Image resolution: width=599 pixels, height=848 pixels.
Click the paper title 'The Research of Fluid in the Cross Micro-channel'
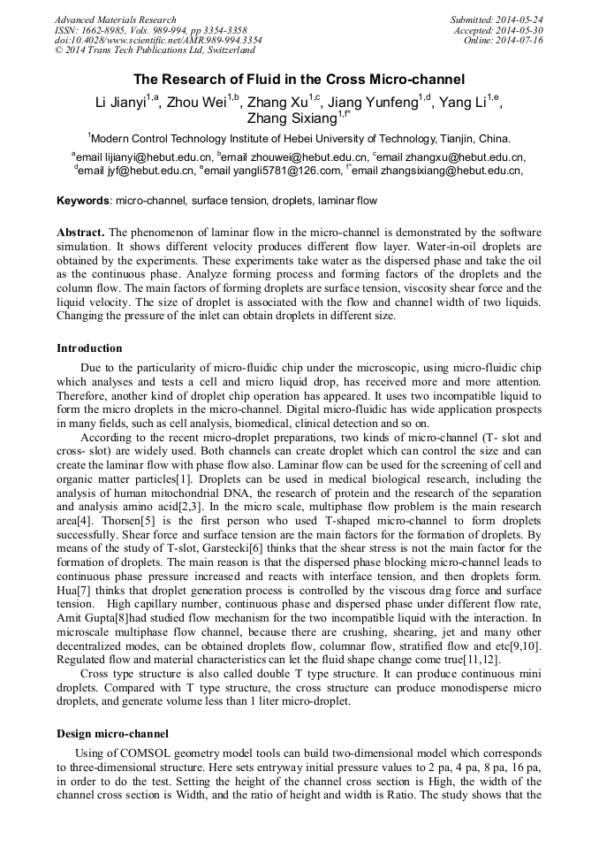pyautogui.click(x=299, y=80)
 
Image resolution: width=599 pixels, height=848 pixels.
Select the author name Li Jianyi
pyautogui.click(x=123, y=103)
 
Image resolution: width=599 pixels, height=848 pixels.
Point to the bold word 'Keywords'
pyautogui.click(x=83, y=201)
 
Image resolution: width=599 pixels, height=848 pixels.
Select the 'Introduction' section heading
pyautogui.click(x=89, y=348)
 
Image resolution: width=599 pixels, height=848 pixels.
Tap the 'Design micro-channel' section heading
pyautogui.click(x=112, y=733)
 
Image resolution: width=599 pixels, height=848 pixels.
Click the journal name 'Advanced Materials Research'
pyautogui.click(x=115, y=19)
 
